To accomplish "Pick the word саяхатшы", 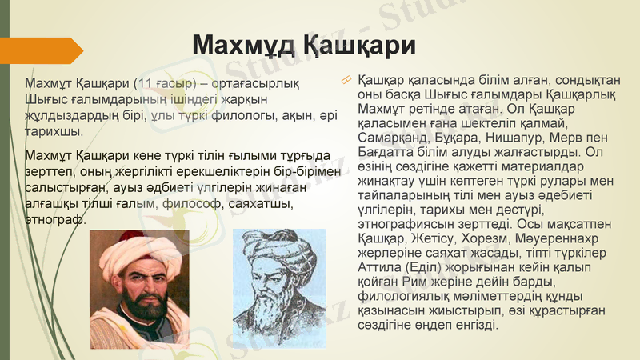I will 255,204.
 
